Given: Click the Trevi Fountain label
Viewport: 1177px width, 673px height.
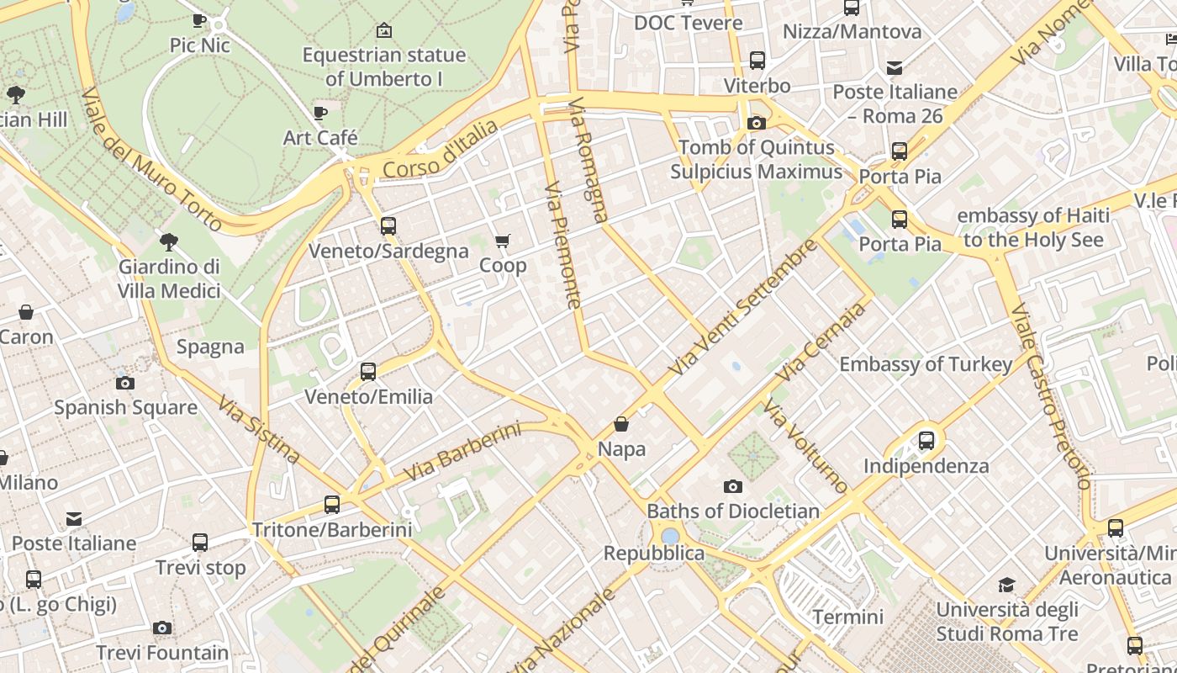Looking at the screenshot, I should [162, 653].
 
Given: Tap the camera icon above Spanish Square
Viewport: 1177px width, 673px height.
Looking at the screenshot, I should [125, 384].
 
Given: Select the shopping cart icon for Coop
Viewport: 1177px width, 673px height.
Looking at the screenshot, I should [503, 242].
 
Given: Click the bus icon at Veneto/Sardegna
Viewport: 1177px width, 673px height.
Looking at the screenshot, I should [388, 225].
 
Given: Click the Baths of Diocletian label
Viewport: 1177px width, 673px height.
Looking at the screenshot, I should [732, 511].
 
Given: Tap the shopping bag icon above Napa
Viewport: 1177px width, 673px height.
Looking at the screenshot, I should [621, 424].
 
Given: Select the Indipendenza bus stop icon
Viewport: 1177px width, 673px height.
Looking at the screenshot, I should [926, 440].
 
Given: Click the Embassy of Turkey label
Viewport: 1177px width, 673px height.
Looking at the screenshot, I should [926, 364].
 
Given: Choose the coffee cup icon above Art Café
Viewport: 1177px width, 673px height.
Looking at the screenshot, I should [319, 113].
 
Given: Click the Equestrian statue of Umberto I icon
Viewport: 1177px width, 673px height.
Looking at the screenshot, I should [384, 30].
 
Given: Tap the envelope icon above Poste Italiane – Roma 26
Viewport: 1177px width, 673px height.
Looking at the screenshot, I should [895, 67].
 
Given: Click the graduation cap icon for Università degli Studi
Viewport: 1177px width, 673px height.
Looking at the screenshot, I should [1006, 585].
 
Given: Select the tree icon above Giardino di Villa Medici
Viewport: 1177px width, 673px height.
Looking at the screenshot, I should [169, 242].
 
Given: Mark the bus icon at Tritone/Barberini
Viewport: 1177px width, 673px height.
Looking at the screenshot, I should [332, 505].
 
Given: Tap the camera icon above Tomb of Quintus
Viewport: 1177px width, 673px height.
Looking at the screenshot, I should [756, 123].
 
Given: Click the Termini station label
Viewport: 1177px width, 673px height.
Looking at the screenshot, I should [847, 617].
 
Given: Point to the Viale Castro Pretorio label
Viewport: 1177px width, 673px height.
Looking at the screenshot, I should [1050, 396].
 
